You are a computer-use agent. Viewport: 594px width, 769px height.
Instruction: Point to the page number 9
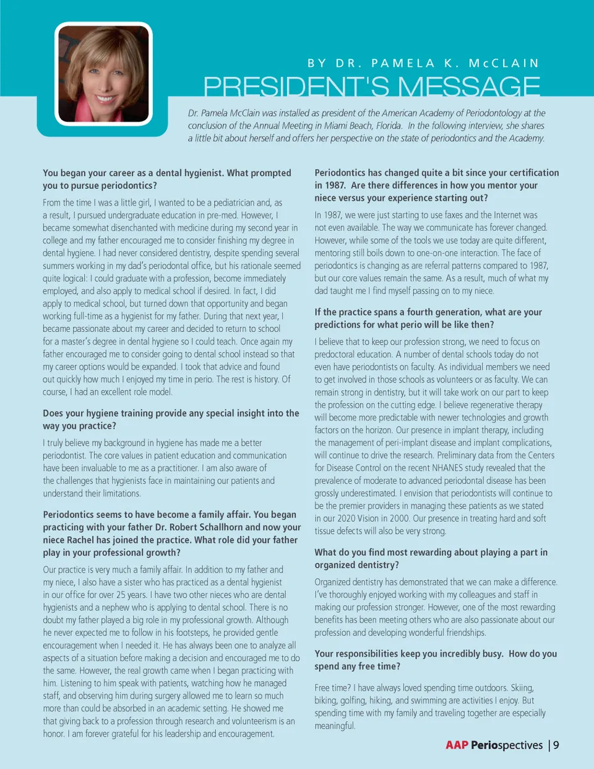(556, 745)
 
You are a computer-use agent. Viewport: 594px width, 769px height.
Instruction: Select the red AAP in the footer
(457, 745)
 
